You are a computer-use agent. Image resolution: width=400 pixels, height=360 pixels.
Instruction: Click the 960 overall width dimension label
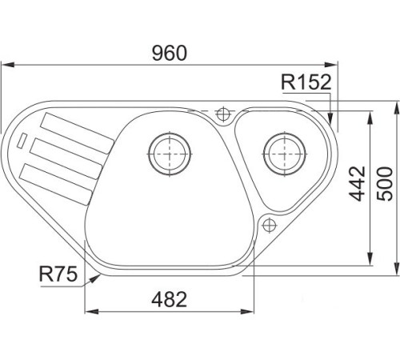tap(170, 53)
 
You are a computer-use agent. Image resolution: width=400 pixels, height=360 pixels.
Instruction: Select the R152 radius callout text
tap(306, 82)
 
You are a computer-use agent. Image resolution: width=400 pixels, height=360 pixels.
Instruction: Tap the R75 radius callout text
tap(58, 274)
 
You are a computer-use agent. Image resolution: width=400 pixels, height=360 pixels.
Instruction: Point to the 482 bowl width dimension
tap(170, 299)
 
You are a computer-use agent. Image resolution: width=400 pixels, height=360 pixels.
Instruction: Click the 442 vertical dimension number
tap(357, 183)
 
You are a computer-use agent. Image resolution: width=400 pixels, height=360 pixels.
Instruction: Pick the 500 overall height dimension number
tap(385, 184)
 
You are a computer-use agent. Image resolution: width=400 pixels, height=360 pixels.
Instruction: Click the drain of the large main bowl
tap(170, 154)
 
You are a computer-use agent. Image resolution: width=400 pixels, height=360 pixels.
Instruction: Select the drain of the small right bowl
tap(284, 154)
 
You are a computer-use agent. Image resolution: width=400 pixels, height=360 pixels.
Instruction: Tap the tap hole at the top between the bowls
tap(223, 114)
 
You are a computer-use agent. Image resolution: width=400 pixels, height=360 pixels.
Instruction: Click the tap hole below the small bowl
tap(269, 226)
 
